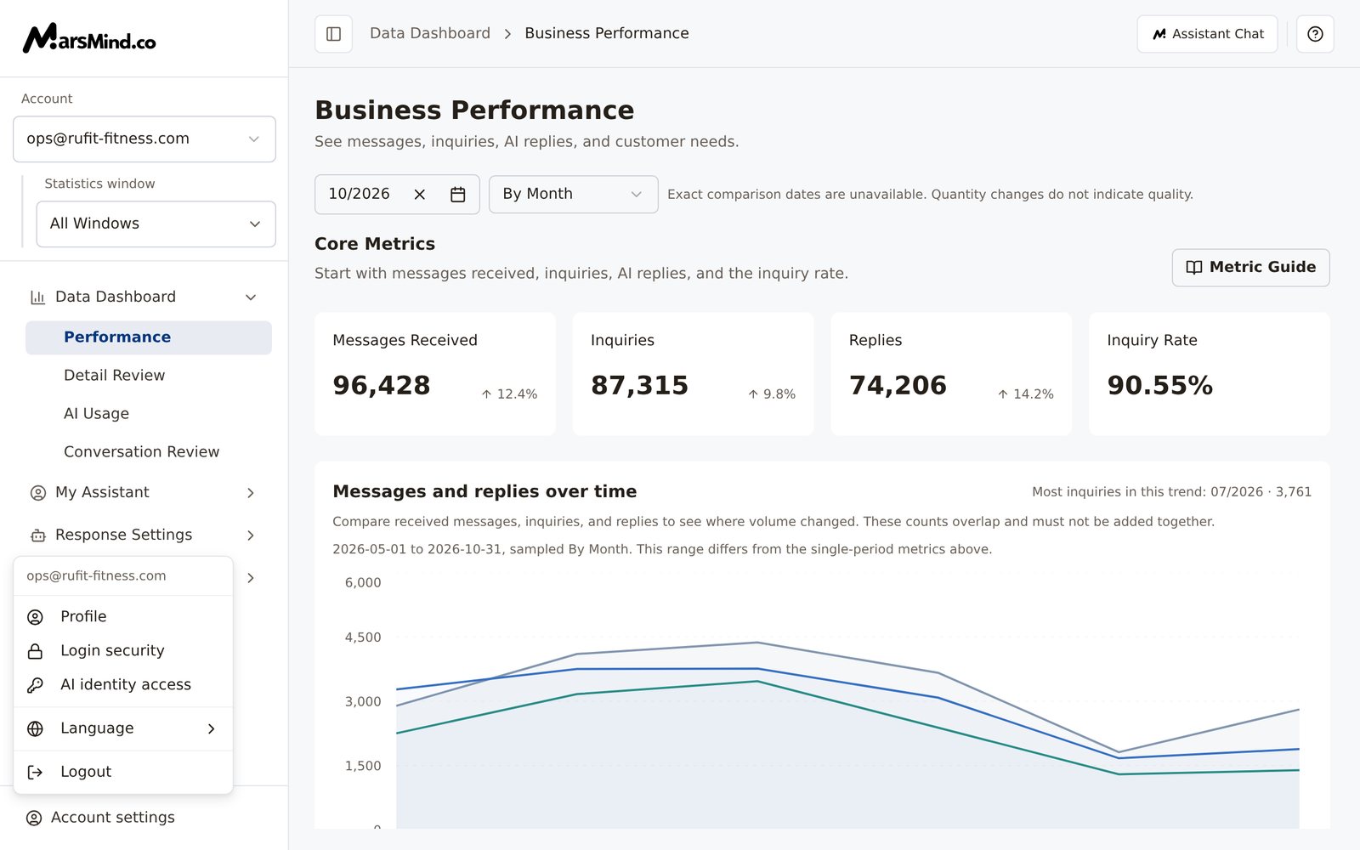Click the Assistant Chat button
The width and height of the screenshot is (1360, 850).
tap(1207, 34)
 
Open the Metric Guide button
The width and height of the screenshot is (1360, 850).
tap(1250, 267)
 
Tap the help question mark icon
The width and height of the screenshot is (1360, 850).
tap(1315, 34)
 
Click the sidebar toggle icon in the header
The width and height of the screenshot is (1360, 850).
tap(333, 34)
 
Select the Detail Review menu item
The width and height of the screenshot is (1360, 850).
tap(114, 375)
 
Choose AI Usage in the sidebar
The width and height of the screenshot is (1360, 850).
tap(97, 413)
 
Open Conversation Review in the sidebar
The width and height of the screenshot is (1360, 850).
tap(141, 451)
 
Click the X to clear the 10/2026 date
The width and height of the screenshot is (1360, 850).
tap(420, 195)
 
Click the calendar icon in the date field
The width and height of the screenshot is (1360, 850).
tap(458, 195)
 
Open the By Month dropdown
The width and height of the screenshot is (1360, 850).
tap(573, 195)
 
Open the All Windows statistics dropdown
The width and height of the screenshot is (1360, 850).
tap(156, 224)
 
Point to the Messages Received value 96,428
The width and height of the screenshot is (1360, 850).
tap(382, 386)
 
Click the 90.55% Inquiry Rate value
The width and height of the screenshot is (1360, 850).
tap(1159, 386)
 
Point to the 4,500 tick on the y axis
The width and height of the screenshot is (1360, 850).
tap(363, 637)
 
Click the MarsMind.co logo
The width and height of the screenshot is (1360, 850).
tap(89, 38)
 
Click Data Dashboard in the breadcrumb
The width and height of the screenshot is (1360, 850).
tap(430, 33)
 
